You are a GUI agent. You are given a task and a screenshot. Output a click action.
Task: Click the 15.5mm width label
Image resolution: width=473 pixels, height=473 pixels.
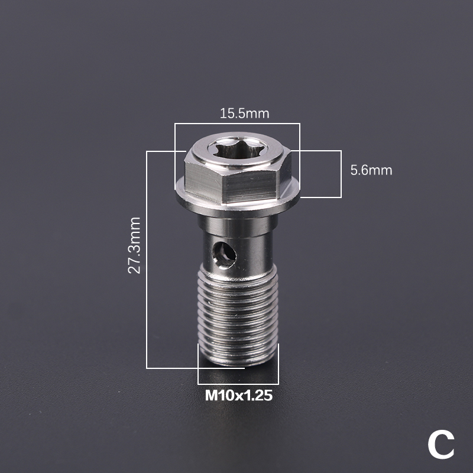pos(244,114)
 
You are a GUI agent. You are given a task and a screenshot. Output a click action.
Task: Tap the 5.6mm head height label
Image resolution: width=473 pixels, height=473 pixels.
pos(371,170)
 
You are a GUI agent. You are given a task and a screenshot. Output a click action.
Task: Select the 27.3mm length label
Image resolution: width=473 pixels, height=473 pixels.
pos(134,245)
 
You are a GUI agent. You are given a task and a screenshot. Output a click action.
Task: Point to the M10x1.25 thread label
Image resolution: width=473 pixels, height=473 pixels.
pos(239,395)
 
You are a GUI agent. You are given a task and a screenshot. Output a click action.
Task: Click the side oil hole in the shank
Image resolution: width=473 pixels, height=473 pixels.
pos(224,255)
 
